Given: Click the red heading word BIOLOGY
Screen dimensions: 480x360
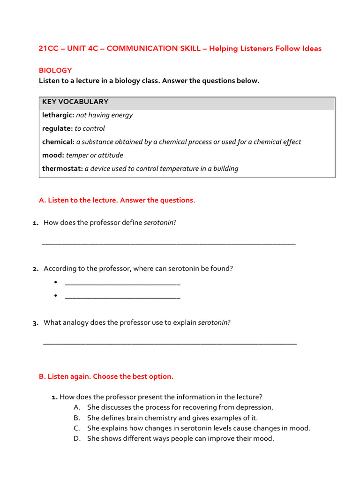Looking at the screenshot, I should (55, 70).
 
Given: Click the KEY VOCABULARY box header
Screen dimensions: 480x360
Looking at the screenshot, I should (75, 102).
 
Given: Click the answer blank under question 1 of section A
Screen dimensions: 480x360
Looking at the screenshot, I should (169, 243).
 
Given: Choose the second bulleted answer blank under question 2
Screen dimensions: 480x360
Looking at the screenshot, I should (122, 296).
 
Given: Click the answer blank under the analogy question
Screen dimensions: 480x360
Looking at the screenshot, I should (170, 343).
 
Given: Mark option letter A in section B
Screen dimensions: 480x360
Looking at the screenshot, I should (77, 407).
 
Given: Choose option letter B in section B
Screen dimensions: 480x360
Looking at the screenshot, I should (77, 418).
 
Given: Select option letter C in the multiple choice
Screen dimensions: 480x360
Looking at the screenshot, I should (77, 428).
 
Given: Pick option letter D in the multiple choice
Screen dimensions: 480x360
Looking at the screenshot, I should (77, 439).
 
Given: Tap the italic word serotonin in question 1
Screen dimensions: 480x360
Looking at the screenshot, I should (159, 223).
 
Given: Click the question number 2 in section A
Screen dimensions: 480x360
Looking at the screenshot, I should (36, 269).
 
